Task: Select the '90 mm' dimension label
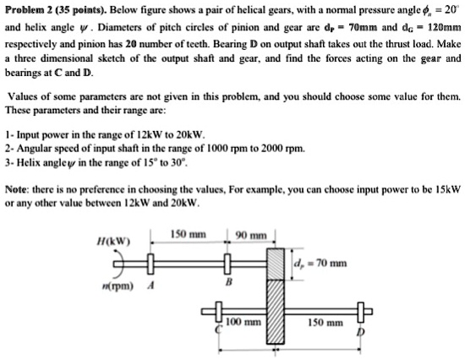point(251,234)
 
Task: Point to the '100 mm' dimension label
point(242,322)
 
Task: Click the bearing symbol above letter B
point(227,263)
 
